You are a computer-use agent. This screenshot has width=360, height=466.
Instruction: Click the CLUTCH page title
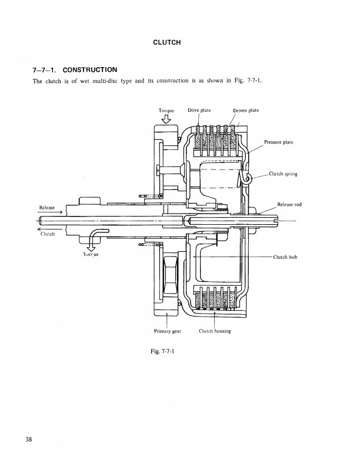tap(166, 42)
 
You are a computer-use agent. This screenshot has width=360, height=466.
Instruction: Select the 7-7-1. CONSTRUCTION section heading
tap(75, 70)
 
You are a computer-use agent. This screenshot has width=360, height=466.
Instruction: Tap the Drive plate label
tap(199, 110)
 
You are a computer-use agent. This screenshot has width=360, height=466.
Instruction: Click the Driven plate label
tap(246, 110)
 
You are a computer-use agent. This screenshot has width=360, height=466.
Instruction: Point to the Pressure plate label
tap(278, 142)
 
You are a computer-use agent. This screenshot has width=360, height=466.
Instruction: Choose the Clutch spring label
tap(283, 174)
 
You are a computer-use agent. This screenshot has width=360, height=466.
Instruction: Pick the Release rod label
tap(289, 205)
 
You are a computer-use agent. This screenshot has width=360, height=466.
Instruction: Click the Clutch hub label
tap(285, 257)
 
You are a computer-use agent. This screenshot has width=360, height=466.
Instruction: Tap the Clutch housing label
tap(215, 331)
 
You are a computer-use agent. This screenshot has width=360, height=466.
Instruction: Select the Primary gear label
tap(167, 331)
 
